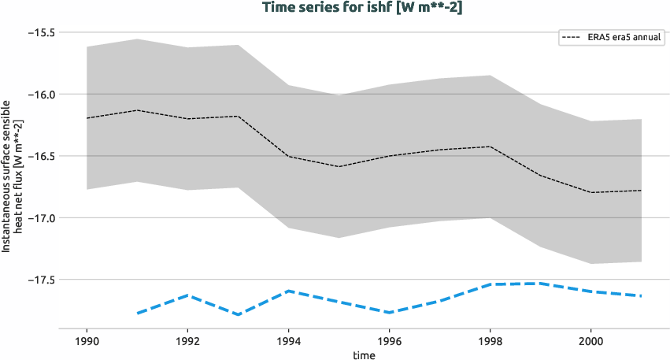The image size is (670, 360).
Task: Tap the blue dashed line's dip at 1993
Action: [238, 314]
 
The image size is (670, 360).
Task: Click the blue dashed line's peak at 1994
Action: [288, 291]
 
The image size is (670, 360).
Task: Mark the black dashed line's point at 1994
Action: [288, 156]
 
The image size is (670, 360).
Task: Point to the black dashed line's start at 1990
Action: [87, 118]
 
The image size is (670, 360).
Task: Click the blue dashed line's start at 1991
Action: [137, 314]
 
